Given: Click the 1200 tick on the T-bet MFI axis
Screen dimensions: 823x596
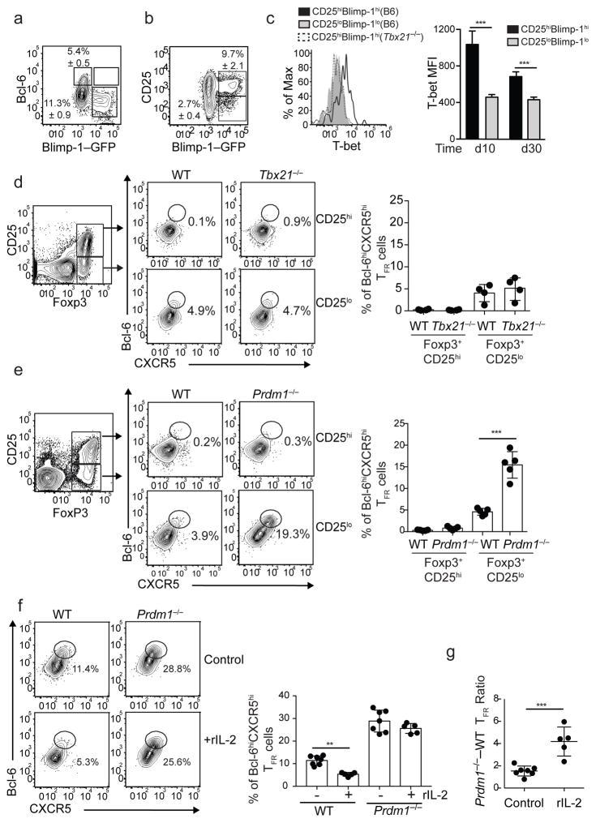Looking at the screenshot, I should (465, 29).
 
